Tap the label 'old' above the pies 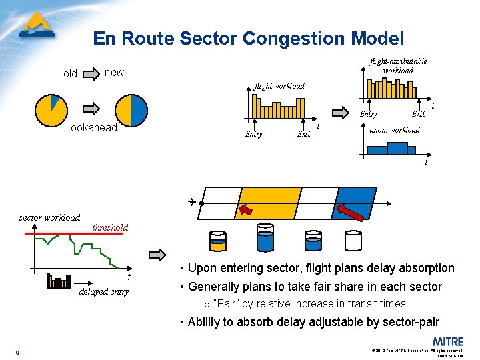[70, 74]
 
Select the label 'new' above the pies [115, 72]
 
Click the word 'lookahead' [93, 128]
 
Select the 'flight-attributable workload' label [398, 66]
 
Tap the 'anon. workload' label [395, 130]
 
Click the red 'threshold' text [110, 227]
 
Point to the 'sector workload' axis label [49, 217]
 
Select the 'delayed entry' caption [103, 291]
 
